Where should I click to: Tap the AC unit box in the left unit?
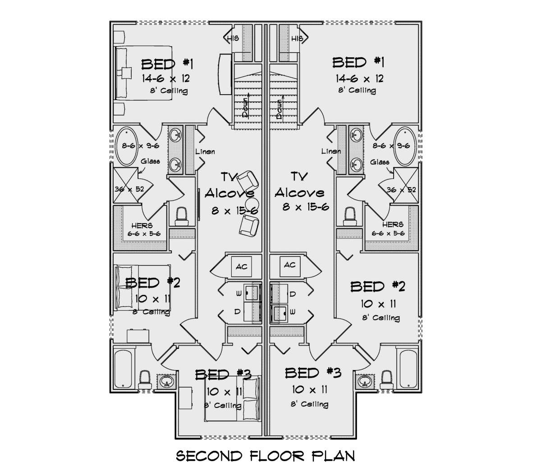tap(241, 266)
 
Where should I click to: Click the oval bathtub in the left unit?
tap(127, 146)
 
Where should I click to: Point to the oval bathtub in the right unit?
tap(406, 146)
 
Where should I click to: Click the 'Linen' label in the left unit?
tap(205, 151)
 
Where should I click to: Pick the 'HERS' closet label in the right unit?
tap(393, 224)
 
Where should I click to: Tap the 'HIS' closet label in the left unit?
tap(233, 39)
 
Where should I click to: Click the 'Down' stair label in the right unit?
tap(279, 109)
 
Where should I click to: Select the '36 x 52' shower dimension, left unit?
tap(129, 189)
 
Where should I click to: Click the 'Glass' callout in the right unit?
tap(380, 162)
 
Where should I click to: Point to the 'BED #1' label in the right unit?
tap(358, 63)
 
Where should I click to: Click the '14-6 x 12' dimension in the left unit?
tap(166, 78)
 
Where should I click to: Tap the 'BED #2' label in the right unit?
tap(378, 286)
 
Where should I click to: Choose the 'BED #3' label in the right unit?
tap(313, 373)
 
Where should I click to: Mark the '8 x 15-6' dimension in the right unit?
tap(306, 207)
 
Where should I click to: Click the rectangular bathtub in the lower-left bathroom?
tap(123, 369)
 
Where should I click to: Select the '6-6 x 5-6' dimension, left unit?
tap(144, 233)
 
